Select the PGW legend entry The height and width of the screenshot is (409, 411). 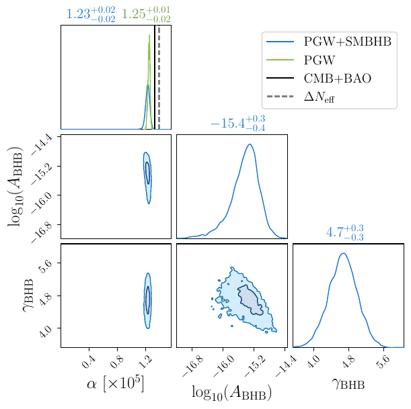320,60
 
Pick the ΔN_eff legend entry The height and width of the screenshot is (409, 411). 319,97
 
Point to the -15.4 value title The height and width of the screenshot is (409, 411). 237,124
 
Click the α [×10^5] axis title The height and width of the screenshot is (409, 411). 115,385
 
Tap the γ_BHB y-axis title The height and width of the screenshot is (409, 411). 28,295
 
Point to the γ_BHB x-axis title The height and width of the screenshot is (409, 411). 348,385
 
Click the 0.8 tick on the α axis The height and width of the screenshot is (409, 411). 116,363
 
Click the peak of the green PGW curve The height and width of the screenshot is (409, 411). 149,35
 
